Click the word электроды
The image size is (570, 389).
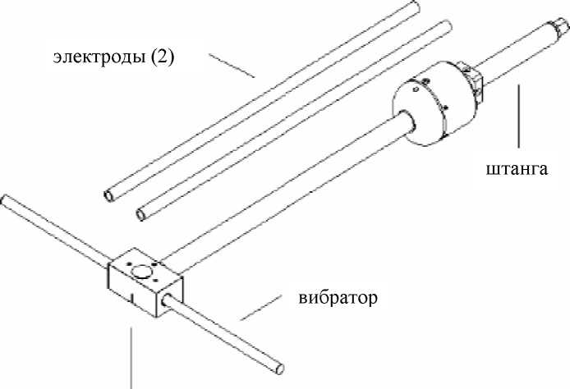point(99,57)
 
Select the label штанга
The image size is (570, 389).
point(517,169)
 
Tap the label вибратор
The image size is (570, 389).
point(338,298)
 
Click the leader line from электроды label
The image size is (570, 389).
point(232,66)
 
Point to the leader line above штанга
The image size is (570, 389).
point(518,117)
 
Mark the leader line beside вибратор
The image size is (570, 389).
point(260,308)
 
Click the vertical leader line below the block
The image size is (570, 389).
point(131,358)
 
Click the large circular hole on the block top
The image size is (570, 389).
point(141,272)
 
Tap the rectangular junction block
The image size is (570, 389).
point(145,281)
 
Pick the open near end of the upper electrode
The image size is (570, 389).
point(108,196)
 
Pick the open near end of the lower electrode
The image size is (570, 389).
point(141,214)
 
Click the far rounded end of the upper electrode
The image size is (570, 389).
point(415,7)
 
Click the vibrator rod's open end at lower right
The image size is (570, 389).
point(279,368)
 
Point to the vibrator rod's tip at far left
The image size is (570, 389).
point(5,199)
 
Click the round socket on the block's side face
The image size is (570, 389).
point(167,300)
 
